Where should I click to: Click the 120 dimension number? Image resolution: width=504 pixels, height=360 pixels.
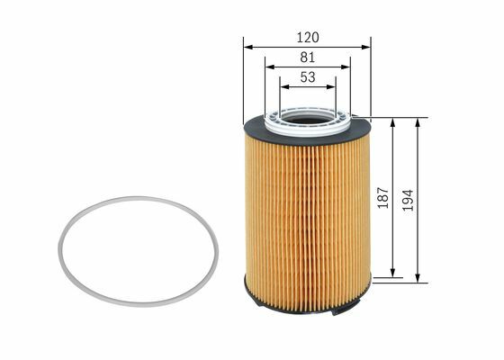click(x=308, y=38)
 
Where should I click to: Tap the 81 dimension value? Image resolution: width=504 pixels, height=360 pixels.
click(x=308, y=58)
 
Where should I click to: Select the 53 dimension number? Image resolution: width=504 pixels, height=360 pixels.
click(x=308, y=77)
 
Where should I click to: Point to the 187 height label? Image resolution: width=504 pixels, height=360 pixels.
click(x=383, y=198)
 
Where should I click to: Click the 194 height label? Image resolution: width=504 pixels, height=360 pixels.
click(x=408, y=200)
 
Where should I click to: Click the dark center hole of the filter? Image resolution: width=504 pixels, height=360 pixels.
click(x=307, y=121)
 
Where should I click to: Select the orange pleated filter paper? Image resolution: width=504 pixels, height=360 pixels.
click(x=307, y=221)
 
